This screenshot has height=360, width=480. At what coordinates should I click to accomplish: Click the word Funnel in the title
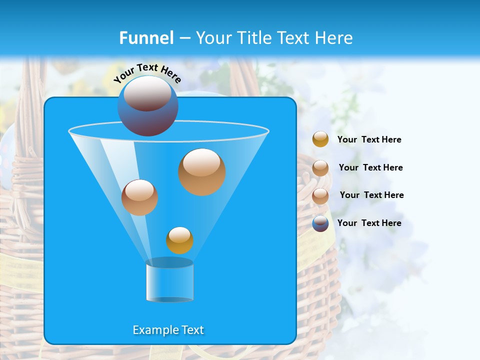(x=146, y=38)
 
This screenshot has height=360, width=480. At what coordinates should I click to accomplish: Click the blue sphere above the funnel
(x=147, y=106)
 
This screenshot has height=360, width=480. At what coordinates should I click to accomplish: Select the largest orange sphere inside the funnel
(x=201, y=172)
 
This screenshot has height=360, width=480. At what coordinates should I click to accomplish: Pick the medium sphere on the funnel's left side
(x=139, y=197)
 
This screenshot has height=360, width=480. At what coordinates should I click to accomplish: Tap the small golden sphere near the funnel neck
(x=179, y=240)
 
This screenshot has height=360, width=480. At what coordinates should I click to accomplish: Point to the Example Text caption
(x=168, y=330)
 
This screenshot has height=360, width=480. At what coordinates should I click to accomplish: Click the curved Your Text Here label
(x=147, y=73)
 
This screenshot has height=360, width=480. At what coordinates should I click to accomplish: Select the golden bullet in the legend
(x=320, y=139)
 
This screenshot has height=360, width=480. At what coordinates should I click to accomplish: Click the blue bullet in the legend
(x=320, y=223)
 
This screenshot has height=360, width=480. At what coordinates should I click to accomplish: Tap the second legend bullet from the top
(x=320, y=168)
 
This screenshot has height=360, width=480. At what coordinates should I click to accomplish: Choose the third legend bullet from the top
(x=320, y=196)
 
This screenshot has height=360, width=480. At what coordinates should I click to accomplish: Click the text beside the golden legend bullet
(x=369, y=139)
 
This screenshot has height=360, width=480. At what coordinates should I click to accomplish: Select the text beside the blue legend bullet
(x=369, y=223)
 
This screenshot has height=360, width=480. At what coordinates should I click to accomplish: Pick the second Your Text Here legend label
(x=370, y=167)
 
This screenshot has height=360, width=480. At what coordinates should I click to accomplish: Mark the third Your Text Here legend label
(x=371, y=195)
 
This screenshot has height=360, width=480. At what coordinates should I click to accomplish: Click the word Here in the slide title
(x=335, y=38)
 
